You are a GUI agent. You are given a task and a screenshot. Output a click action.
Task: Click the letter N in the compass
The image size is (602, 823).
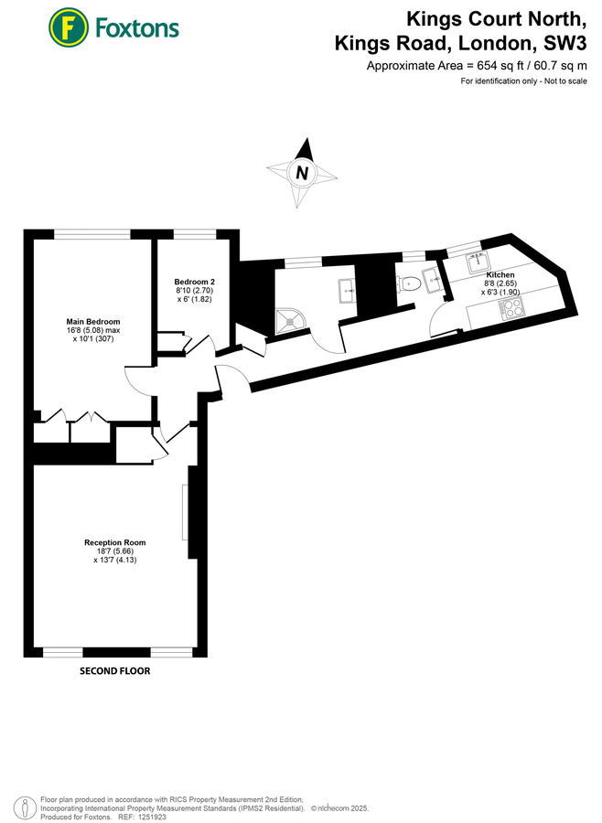pyautogui.click(x=300, y=171)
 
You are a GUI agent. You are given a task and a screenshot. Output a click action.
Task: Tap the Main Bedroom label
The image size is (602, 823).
pyautogui.click(x=93, y=322)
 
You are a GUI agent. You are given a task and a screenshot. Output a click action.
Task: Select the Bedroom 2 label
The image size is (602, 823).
pyautogui.click(x=194, y=282)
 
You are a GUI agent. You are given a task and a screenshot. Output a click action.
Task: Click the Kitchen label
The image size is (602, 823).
pyautogui.click(x=500, y=275)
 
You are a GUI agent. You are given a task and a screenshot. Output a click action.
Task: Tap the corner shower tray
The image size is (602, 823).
pyautogui.click(x=291, y=320)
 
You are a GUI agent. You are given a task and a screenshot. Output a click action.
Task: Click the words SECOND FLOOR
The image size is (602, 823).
pyautogui.click(x=114, y=670)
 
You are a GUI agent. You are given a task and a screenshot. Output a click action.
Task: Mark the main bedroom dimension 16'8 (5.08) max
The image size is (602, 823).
pyautogui.click(x=93, y=331)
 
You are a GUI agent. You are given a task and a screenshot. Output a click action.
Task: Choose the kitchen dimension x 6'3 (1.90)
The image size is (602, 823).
pyautogui.click(x=500, y=293)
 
